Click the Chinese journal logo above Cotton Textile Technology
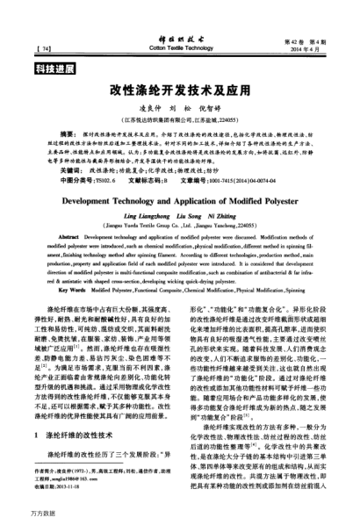179,30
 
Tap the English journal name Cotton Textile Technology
179,40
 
